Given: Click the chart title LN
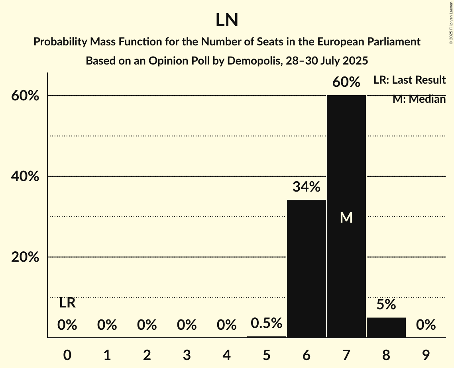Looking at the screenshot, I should coord(227,20).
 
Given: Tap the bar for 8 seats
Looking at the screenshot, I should coord(386,327).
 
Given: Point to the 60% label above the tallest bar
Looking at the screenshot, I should coord(346,82).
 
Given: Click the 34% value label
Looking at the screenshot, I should coord(306,187).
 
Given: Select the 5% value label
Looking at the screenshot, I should coord(386,305).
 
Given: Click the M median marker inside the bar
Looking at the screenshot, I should coord(346,217).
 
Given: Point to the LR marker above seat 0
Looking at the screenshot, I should coord(67,303).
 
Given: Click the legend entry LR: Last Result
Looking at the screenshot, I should coord(409,80).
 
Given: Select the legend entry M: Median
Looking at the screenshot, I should coord(419,99).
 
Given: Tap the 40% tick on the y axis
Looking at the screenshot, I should coord(25,176).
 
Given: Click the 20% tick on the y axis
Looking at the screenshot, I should coord(25,257).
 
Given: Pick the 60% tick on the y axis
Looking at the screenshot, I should coord(25,96).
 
